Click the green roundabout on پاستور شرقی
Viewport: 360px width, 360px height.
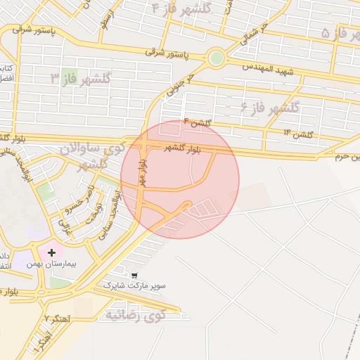(x=216, y=58)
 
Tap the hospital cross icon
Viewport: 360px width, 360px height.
(x=51, y=252)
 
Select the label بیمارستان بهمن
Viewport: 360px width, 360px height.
(x=52, y=264)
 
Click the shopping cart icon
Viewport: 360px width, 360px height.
(x=134, y=275)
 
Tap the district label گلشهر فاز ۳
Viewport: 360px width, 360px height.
(x=80, y=79)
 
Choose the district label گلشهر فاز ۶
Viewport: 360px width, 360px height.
(x=269, y=108)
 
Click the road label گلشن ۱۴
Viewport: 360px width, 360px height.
(x=298, y=133)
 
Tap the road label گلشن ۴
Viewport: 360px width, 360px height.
(x=197, y=124)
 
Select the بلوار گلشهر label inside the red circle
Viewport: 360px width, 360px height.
(x=182, y=148)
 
